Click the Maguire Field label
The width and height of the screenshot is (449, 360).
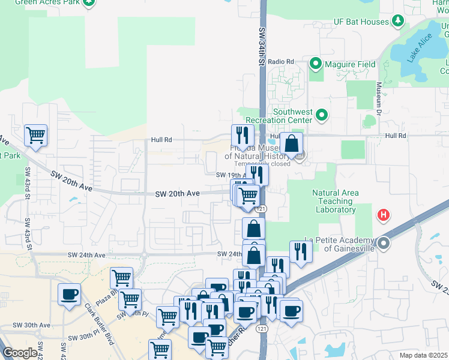tap(350, 64)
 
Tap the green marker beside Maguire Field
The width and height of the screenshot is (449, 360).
tap(316, 64)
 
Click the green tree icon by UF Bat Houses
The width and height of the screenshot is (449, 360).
tap(397, 22)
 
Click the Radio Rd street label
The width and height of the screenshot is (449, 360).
tap(281, 62)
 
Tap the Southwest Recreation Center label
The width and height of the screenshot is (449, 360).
tap(293, 116)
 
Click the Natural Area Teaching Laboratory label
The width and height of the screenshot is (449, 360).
tap(336, 201)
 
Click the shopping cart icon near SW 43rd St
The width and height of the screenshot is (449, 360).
tap(35, 135)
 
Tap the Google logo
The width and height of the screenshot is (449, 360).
tap(20, 353)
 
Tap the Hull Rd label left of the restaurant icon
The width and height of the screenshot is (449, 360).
tap(161, 140)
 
